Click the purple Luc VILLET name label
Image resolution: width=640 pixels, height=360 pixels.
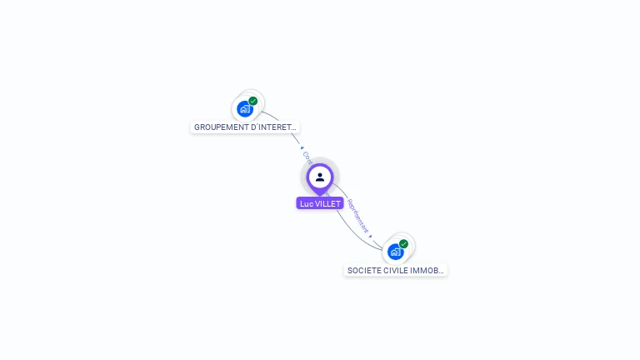point(320,203)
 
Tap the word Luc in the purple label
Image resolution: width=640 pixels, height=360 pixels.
point(306,203)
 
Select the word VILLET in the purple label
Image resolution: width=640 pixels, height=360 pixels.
point(327,203)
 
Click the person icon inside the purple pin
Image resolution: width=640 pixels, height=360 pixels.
point(320,177)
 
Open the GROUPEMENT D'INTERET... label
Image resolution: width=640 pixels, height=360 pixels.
point(245,127)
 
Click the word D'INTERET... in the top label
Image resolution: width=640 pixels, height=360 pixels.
point(273,127)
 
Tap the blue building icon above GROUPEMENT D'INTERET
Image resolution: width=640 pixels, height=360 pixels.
point(244,108)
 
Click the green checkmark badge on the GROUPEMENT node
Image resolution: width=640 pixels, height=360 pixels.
point(252,101)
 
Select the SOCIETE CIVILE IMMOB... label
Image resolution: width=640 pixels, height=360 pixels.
point(396,270)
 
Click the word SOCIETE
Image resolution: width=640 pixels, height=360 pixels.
point(363,270)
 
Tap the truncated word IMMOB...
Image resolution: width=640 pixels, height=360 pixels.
point(428,270)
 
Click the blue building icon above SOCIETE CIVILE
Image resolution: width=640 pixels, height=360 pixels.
point(395,251)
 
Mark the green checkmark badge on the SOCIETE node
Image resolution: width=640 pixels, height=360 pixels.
point(403,244)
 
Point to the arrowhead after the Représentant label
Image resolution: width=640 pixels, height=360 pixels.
point(370,236)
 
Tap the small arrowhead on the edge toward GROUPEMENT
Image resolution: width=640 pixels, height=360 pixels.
point(301,147)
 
